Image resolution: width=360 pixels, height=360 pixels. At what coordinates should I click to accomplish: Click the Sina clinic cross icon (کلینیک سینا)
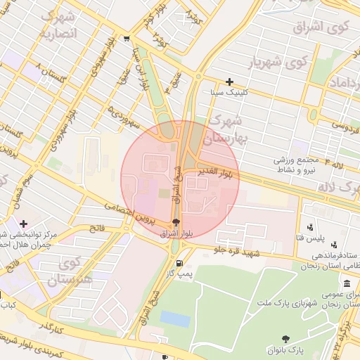click(x=229, y=82)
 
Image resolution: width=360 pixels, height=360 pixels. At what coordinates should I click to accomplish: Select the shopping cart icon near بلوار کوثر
click(x=125, y=39)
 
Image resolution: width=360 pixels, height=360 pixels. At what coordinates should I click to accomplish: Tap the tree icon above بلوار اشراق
click(x=176, y=221)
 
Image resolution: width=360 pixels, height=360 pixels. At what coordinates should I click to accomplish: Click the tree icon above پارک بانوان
click(x=285, y=339)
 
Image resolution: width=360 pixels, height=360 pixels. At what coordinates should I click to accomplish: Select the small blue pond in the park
click(x=174, y=319)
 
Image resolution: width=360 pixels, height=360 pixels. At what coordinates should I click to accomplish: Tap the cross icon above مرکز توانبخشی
click(x=24, y=223)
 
